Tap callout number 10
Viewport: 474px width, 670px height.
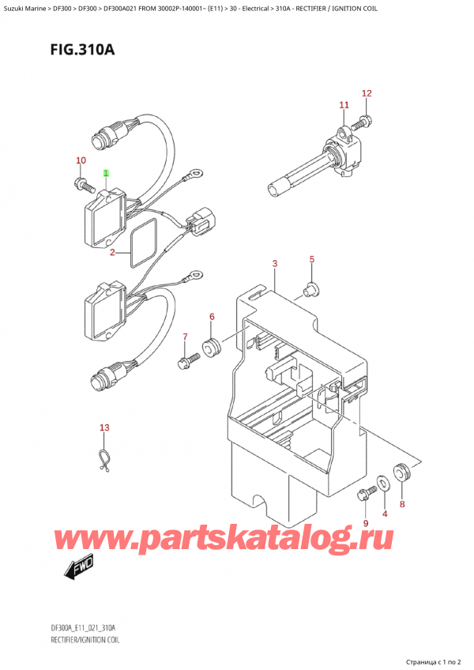pyautogui.click(x=81, y=161)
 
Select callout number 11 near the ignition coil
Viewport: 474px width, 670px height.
pyautogui.click(x=344, y=105)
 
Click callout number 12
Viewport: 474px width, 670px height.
pyautogui.click(x=367, y=93)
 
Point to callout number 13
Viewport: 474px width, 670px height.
pyautogui.click(x=104, y=428)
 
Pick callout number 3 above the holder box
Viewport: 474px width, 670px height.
pyautogui.click(x=274, y=263)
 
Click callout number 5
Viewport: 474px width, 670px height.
pyautogui.click(x=312, y=259)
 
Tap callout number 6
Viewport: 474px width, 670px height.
pyautogui.click(x=212, y=317)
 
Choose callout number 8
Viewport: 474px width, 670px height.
pyautogui.click(x=402, y=503)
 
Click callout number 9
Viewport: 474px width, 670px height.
pyautogui.click(x=365, y=522)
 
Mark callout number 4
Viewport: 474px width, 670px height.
pyautogui.click(x=385, y=514)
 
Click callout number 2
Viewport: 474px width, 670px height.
pyautogui.click(x=113, y=253)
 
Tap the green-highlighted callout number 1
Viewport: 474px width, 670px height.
pyautogui.click(x=106, y=172)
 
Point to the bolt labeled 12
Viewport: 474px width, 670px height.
pyautogui.click(x=364, y=121)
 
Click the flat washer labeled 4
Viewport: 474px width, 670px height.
pyautogui.click(x=383, y=482)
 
